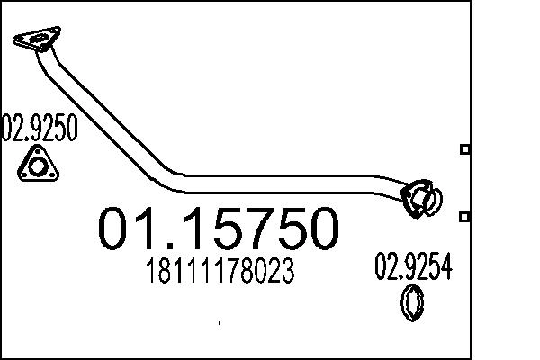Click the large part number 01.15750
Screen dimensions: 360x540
(x=219, y=229)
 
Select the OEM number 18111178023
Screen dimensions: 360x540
(x=219, y=271)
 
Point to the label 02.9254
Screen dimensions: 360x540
(x=412, y=267)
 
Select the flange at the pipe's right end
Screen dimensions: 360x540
(x=420, y=199)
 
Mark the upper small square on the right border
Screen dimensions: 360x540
(x=464, y=149)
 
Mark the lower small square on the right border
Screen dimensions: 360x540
(x=464, y=217)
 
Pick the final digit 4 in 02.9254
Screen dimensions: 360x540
(x=445, y=267)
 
